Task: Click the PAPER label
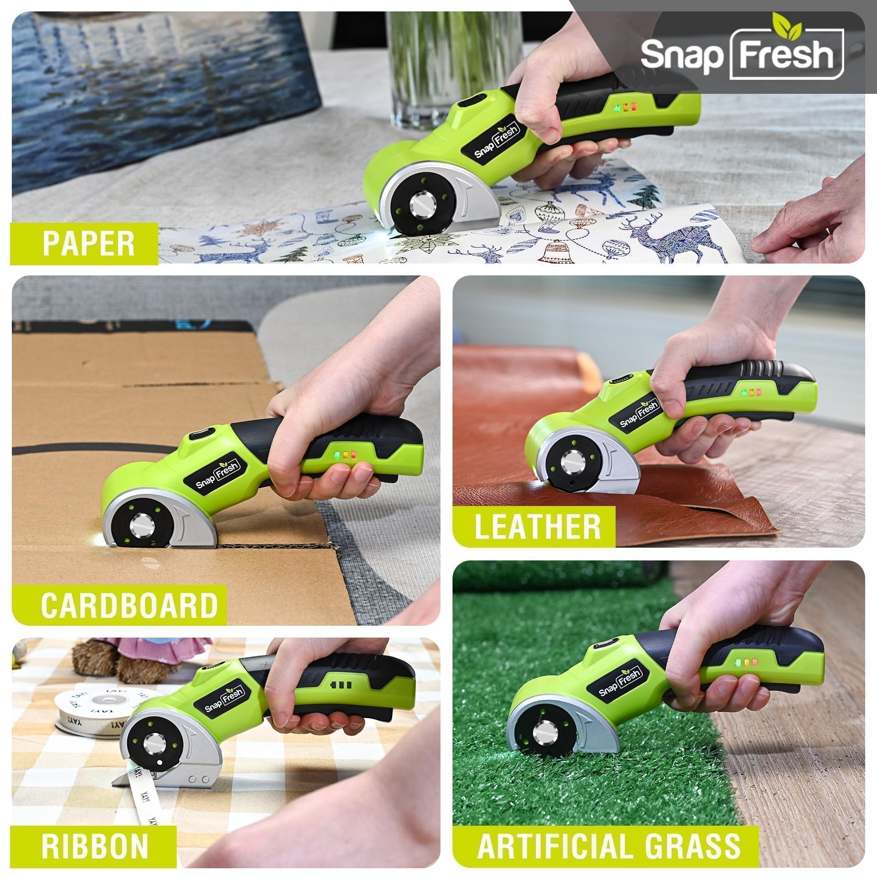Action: click(89, 244)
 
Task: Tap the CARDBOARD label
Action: click(129, 605)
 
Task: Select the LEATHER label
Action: click(538, 527)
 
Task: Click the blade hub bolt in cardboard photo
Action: click(142, 527)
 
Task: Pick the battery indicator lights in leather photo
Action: click(752, 391)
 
